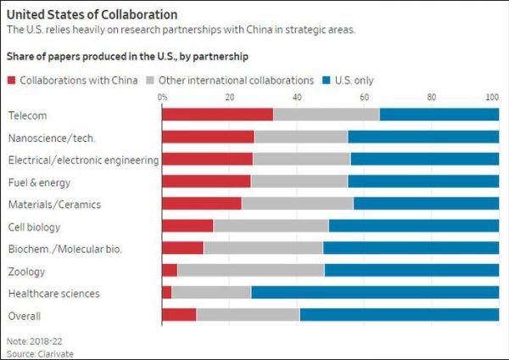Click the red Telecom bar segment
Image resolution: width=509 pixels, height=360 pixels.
[217, 114]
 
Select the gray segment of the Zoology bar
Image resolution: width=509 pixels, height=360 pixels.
[250, 271]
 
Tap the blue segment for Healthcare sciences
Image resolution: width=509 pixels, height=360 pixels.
[374, 293]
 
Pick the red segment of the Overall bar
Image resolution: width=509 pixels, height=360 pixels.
[179, 315]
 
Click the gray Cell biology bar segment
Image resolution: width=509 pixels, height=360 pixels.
[271, 226]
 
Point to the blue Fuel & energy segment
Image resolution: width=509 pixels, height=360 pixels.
[422, 181]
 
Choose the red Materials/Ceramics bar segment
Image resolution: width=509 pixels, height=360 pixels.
[201, 204]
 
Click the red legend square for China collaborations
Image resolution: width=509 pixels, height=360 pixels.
[13, 81]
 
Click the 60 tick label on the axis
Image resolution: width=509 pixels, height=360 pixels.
[364, 97]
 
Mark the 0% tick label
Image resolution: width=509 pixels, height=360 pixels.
[163, 97]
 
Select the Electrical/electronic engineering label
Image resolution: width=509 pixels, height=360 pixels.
[83, 159]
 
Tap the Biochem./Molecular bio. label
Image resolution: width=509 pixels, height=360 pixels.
[65, 249]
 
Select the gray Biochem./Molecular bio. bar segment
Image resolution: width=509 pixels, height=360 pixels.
[263, 248]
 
